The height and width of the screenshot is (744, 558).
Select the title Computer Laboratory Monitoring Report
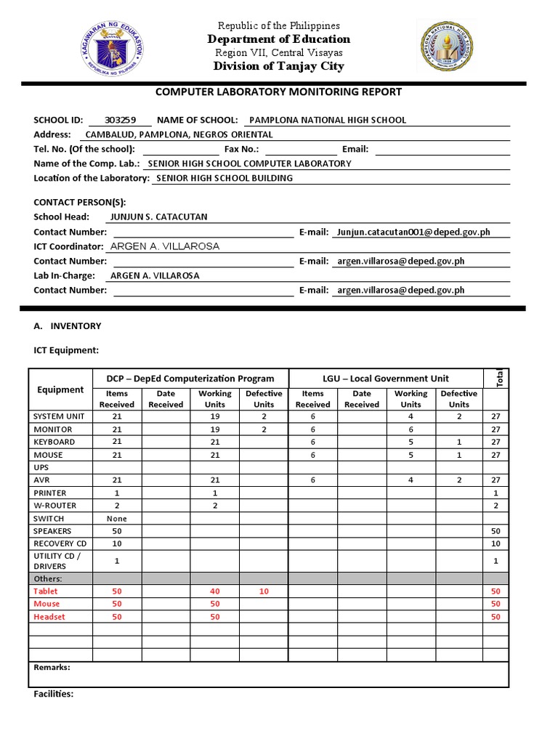pos(278,92)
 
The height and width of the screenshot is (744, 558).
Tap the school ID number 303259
pos(120,120)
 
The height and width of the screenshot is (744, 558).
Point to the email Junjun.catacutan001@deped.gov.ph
pos(413,232)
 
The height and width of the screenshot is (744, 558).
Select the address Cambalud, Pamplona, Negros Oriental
pos(179,134)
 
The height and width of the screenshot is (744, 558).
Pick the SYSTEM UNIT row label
pos(59,416)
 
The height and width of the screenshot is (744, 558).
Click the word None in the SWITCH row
pos(116,519)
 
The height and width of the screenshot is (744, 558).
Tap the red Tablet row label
pos(46,591)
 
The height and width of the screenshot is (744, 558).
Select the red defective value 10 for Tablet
pos(264,591)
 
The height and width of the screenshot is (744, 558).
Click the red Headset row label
pos(49,617)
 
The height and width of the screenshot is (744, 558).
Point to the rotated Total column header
pos(496,379)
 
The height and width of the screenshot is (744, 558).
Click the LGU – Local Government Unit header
pos(386,379)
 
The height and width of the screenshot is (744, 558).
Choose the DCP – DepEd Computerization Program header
pos(190,379)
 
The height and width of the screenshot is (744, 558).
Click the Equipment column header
pos(60,389)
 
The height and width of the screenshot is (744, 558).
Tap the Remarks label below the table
pos(52,667)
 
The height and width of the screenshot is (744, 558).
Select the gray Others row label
pos(47,578)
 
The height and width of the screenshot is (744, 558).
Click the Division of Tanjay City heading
pos(278,66)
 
